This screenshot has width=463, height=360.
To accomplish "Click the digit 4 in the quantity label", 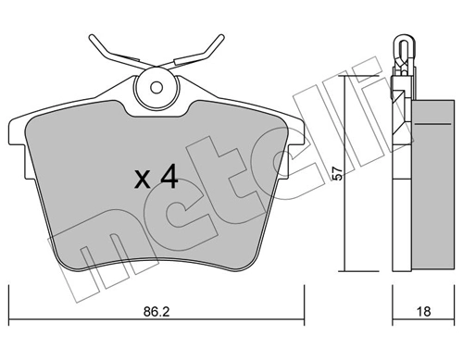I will pyautogui.click(x=168, y=179).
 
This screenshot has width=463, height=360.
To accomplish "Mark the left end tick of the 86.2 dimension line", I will pyautogui.click(x=9, y=302).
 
